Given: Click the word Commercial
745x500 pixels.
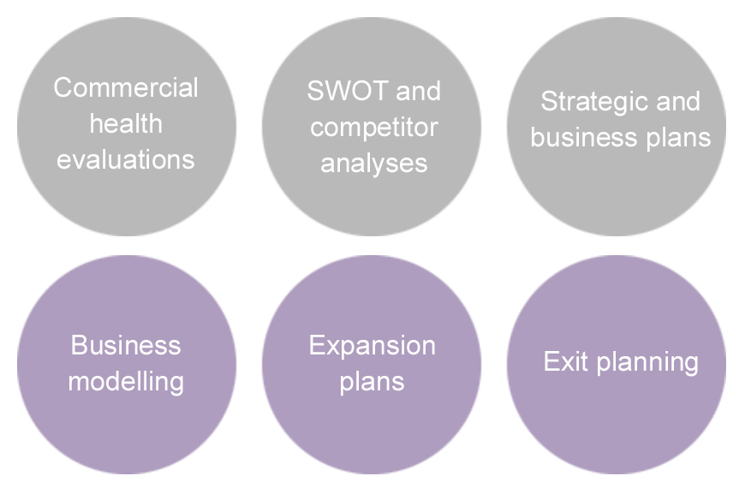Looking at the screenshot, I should pos(126,87).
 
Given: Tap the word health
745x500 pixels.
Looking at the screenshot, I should pos(126,123).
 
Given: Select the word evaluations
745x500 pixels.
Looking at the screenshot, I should pos(126,159).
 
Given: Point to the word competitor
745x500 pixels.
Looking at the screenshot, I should pos(373,128).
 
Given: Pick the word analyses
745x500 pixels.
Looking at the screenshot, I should pos(373,163).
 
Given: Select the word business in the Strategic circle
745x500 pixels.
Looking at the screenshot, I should pos(581,138).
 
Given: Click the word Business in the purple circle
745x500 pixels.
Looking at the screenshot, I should pos(126,345).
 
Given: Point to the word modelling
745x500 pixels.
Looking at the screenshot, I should pos(126,381).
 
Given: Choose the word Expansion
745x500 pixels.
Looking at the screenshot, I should pos(372,345).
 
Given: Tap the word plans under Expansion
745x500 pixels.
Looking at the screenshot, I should pos(372,381).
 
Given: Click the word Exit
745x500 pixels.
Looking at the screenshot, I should pos(566,361).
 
